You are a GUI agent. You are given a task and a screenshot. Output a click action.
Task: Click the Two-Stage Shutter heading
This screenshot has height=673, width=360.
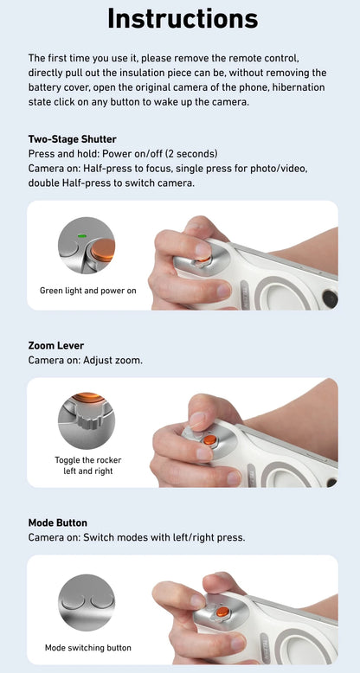click(72, 139)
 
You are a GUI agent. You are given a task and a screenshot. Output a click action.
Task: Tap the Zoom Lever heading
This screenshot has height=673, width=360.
click(57, 346)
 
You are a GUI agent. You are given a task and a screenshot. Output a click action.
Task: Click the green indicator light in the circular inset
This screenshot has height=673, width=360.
click(80, 235)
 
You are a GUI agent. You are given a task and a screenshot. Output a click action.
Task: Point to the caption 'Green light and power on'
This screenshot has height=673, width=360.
click(87, 291)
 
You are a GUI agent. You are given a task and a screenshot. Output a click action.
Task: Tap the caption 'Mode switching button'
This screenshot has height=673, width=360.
click(87, 647)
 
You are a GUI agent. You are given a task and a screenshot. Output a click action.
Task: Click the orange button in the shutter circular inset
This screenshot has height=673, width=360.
click(102, 251)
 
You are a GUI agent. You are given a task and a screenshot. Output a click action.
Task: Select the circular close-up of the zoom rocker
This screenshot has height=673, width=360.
click(87, 420)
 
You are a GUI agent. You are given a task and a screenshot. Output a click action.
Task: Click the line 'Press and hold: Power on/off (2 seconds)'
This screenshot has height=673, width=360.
click(128, 154)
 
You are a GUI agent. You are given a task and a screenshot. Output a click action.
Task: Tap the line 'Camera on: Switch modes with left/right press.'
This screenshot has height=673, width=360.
click(137, 537)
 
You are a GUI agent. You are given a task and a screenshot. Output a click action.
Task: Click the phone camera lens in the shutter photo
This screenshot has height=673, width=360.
click(329, 298)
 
